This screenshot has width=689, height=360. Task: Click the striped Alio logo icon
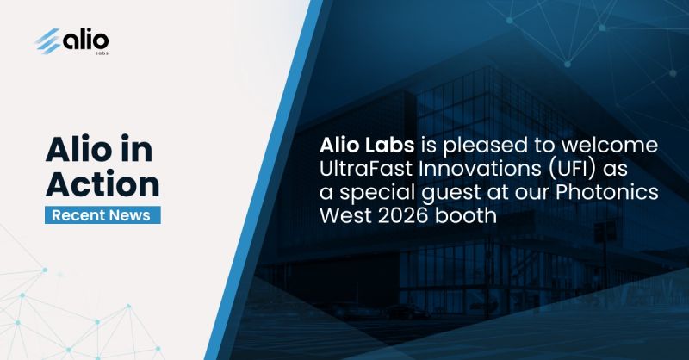[48, 40]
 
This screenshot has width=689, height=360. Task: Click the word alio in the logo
[85, 40]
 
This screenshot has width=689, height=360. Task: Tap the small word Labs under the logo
[102, 53]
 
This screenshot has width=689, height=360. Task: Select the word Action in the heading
[102, 183]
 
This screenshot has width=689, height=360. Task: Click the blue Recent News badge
[102, 215]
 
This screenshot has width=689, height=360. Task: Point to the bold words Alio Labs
[367, 146]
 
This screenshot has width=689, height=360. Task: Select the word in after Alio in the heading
[136, 149]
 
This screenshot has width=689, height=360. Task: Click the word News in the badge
[130, 215]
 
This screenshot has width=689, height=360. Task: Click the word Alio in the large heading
[79, 149]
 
